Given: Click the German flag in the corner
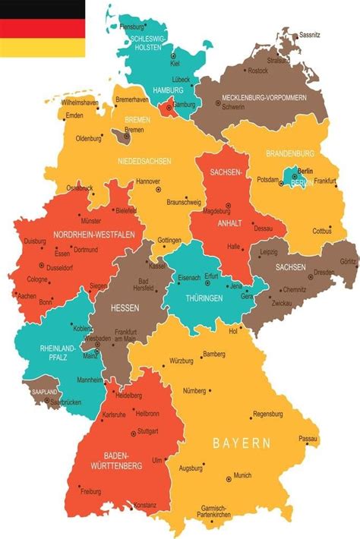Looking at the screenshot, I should (x=42, y=28).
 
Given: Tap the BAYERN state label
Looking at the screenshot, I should (x=241, y=442).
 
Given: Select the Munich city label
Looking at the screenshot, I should (x=242, y=475).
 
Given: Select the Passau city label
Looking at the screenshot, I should (x=308, y=439).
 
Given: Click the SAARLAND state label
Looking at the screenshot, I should (x=45, y=391).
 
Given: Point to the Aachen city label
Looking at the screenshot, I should (x=27, y=296).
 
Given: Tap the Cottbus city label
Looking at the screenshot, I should (x=322, y=231).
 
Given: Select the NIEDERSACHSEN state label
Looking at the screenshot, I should (x=144, y=161).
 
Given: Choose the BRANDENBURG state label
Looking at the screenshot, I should (x=290, y=153).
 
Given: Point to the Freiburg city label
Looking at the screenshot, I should (x=91, y=491).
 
